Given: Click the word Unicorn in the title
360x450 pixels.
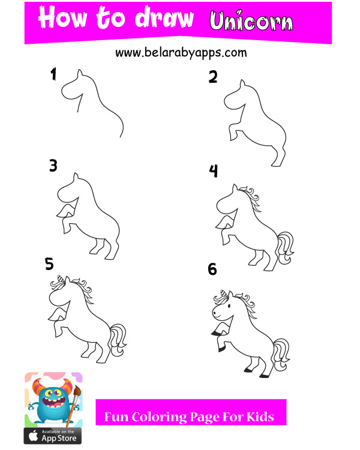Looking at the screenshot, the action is tap(251, 20).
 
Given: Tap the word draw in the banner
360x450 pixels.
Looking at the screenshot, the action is tap(164, 18).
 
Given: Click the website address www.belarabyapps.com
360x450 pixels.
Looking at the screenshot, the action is tap(181, 53).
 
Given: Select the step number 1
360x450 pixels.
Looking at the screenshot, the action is tap(53, 74).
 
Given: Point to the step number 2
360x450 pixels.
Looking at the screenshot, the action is tap(213, 77).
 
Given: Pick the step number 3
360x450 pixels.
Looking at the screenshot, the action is tap(53, 166).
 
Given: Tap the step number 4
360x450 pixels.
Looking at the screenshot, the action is tap(214, 171).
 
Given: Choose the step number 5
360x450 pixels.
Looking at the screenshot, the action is tap(49, 263).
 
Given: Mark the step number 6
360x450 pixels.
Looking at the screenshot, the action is tap(212, 269).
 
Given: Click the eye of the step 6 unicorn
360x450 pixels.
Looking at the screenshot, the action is tap(229, 306).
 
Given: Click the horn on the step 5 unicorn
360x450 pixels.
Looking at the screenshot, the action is tap(61, 279).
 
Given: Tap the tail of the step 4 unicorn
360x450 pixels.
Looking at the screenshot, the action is tap(285, 248).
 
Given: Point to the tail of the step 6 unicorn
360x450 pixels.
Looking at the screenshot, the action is tap(281, 355).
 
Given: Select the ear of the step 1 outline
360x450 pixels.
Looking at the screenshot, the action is tap(80, 73).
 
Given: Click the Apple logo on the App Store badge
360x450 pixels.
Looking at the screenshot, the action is tap(34, 436).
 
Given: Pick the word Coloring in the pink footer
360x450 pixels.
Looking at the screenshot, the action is tap(159, 417).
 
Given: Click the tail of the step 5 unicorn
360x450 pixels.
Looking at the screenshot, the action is tap(118, 340).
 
